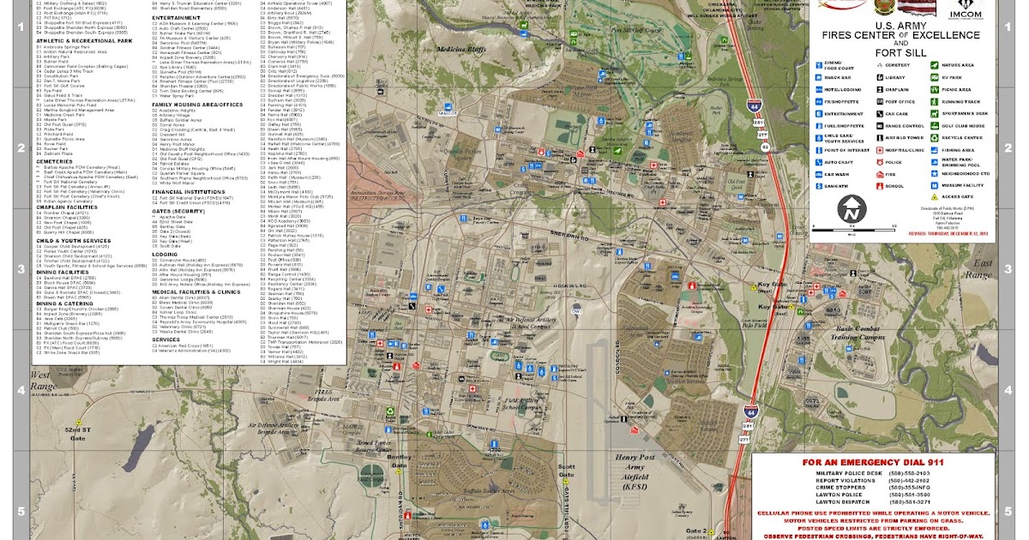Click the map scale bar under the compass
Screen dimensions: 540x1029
852,229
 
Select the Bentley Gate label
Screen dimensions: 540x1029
400,464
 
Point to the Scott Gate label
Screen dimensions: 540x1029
565,471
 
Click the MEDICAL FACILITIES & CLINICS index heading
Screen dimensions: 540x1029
196,291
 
